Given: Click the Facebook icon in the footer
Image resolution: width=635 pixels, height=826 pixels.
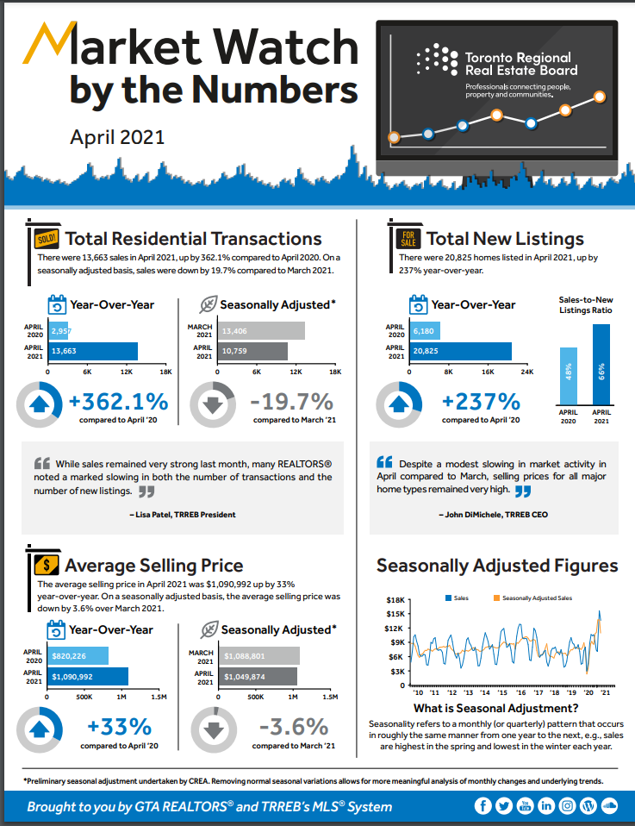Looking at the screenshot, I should click(482, 806).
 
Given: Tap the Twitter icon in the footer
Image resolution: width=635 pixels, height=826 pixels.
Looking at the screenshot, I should click(504, 806).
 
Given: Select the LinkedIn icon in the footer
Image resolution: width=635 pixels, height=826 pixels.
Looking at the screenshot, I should click(546, 806).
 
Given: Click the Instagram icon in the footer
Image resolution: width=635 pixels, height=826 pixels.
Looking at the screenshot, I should click(568, 806).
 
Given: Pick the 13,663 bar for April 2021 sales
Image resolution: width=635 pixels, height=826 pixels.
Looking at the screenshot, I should click(93, 351).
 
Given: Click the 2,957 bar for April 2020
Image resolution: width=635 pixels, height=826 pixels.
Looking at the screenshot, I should click(59, 330).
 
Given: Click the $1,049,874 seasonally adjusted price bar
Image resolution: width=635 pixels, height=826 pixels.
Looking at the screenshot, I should click(258, 676).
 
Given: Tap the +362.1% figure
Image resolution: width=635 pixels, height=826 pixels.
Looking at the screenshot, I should click(119, 401).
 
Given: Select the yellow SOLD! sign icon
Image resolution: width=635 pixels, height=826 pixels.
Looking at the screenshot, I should click(47, 238).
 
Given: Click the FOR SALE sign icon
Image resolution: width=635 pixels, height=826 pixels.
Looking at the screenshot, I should click(407, 238).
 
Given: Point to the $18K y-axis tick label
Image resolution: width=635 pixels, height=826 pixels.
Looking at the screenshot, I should click(395, 599).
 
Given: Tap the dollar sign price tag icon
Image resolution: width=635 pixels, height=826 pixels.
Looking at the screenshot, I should click(47, 566).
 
